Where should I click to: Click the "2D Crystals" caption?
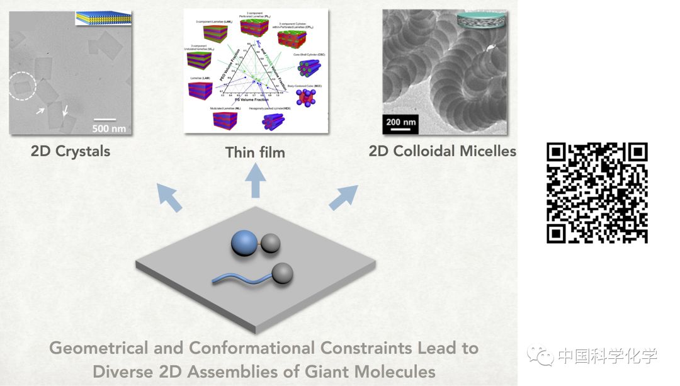point(71,151)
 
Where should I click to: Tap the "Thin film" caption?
point(255,152)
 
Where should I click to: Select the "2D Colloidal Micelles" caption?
point(443,151)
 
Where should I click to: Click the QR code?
point(597,193)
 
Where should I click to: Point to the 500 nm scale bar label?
point(109,128)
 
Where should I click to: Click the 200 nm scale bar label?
point(402,122)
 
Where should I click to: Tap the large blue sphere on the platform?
point(244,242)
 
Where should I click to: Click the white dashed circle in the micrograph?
point(22,87)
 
